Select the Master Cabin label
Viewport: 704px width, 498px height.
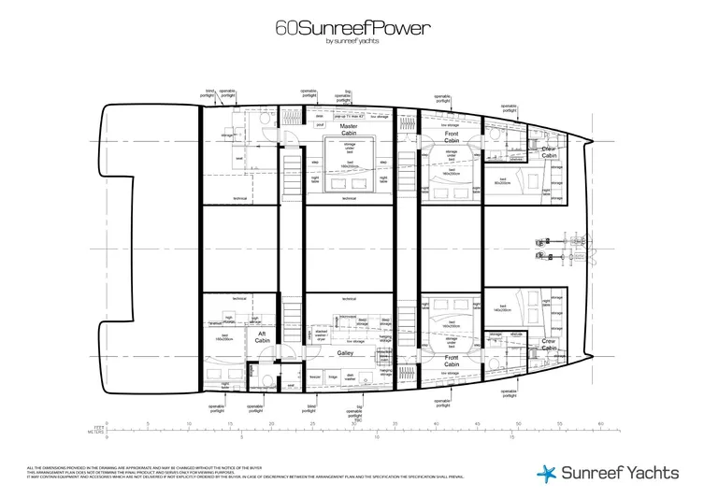(349, 130)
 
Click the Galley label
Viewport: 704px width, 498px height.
(347, 355)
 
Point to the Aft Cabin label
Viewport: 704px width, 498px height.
(263, 338)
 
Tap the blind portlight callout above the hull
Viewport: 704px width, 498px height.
(208, 92)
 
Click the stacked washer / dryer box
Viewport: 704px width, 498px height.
(322, 334)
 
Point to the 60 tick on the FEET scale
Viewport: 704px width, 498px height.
(597, 426)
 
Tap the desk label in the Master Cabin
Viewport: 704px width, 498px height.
(319, 117)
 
